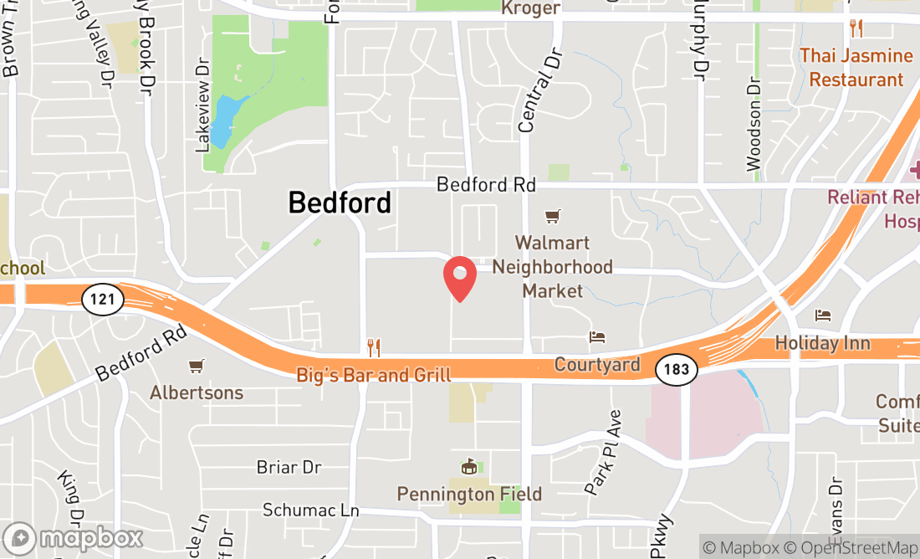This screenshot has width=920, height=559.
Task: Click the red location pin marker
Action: click(459, 278)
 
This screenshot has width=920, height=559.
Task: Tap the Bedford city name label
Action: click(340, 203)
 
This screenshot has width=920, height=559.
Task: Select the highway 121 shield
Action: click(103, 300)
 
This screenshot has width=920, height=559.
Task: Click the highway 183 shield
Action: click(676, 368)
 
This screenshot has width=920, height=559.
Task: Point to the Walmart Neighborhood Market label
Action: click(551, 267)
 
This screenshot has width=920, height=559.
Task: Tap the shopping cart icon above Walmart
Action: click(552, 218)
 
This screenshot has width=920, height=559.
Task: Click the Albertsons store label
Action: click(197, 392)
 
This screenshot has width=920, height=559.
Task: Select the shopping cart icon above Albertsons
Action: click(197, 367)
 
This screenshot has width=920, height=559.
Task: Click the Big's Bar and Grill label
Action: click(374, 375)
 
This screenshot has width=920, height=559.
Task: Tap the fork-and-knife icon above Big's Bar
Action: click(374, 347)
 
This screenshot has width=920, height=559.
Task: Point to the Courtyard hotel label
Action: click(597, 365)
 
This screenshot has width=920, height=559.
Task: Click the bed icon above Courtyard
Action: click(597, 337)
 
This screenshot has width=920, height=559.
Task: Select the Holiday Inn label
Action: click(822, 343)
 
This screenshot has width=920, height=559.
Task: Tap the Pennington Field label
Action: click(469, 494)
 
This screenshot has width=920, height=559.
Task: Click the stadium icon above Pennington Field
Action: click(468, 467)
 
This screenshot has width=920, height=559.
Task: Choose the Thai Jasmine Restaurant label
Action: click(856, 67)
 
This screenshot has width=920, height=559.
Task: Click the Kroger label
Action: click(530, 8)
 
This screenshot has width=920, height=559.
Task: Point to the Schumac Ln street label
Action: click(310, 510)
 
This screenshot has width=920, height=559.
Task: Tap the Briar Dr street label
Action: click(289, 467)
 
